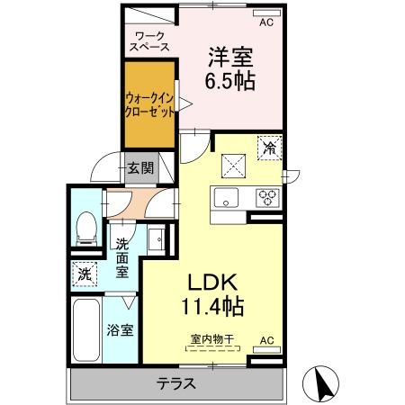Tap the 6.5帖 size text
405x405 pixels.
tap(229, 81)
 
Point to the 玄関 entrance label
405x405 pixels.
tap(139, 167)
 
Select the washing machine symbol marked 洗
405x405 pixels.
tap(84, 273)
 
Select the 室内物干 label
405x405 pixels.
tap(212, 339)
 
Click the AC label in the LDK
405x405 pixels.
tap(265, 340)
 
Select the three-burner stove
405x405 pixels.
tap(268, 196)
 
